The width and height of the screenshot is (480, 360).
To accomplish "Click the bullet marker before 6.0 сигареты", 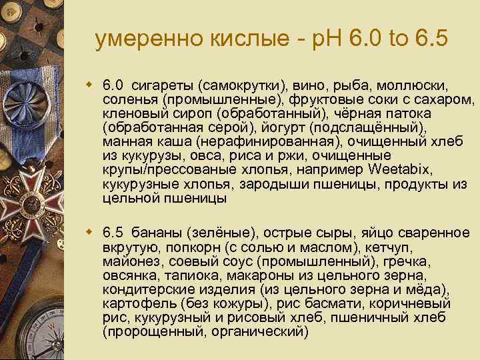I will [x=89, y=85].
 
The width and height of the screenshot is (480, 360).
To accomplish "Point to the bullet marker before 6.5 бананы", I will [x=89, y=233].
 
